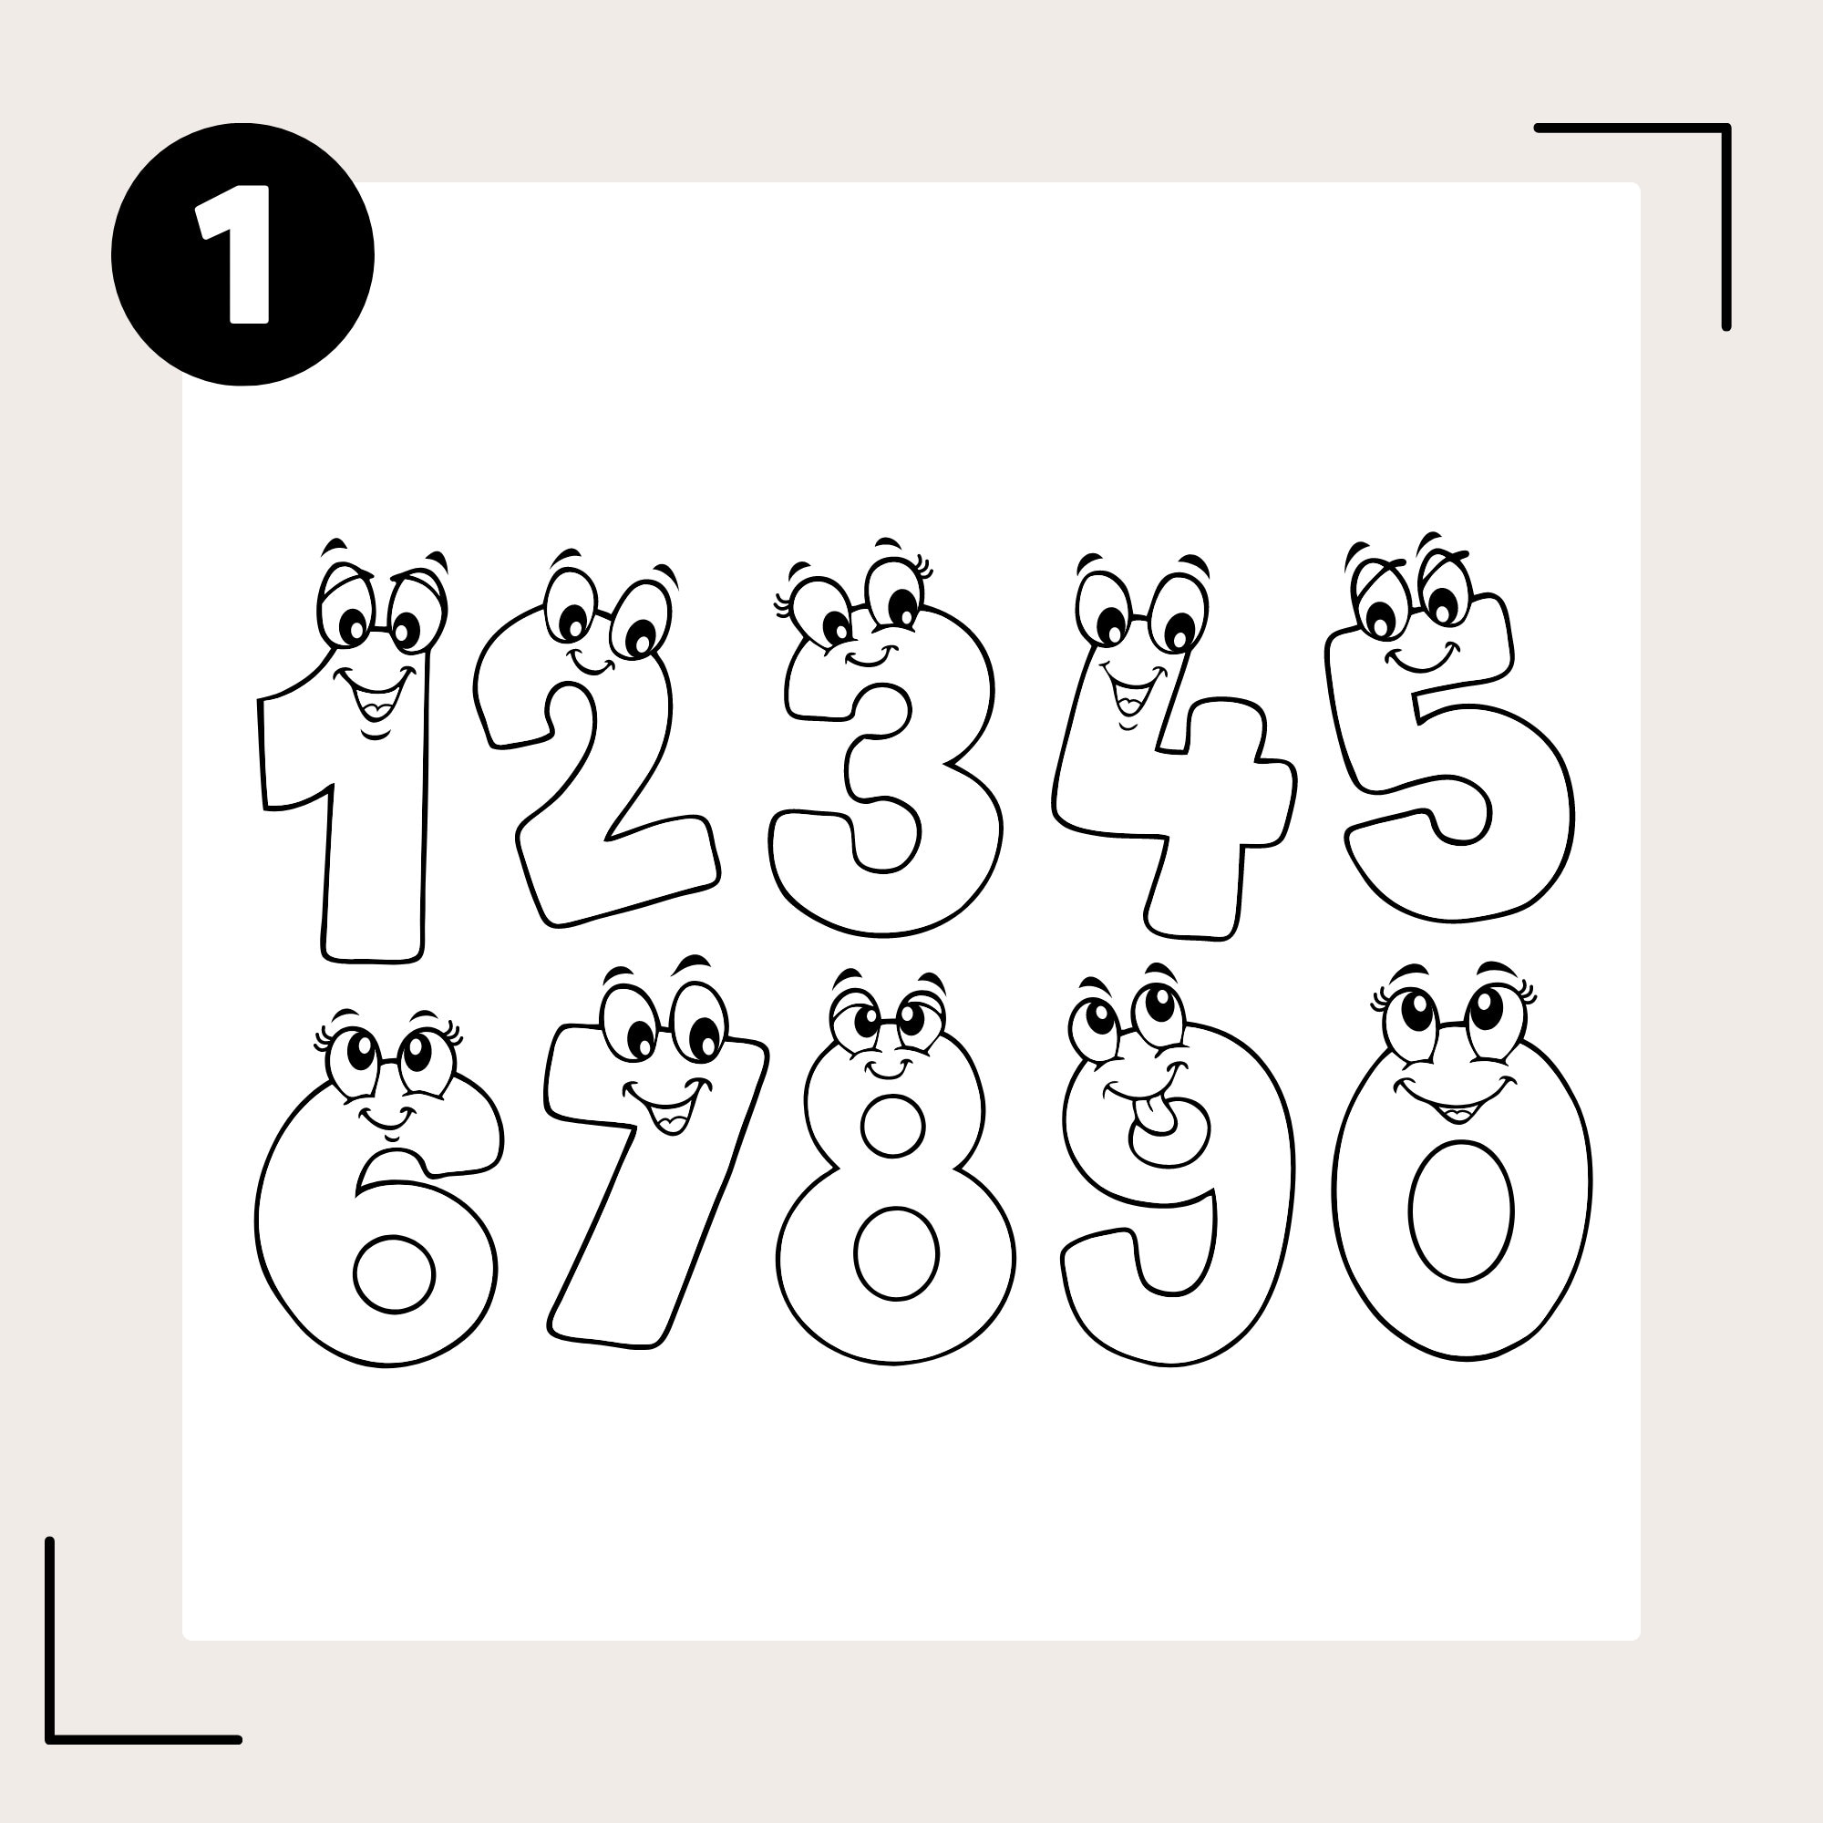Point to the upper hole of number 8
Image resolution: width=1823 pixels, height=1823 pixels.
pyautogui.click(x=892, y=1125)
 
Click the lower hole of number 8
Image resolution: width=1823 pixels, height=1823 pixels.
pyautogui.click(x=896, y=1251)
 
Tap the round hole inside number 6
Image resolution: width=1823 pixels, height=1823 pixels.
pyautogui.click(x=395, y=1274)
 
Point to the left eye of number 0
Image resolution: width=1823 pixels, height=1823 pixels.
pyautogui.click(x=1412, y=1020)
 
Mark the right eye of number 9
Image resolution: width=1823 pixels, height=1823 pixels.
pyautogui.click(x=1159, y=1013)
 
